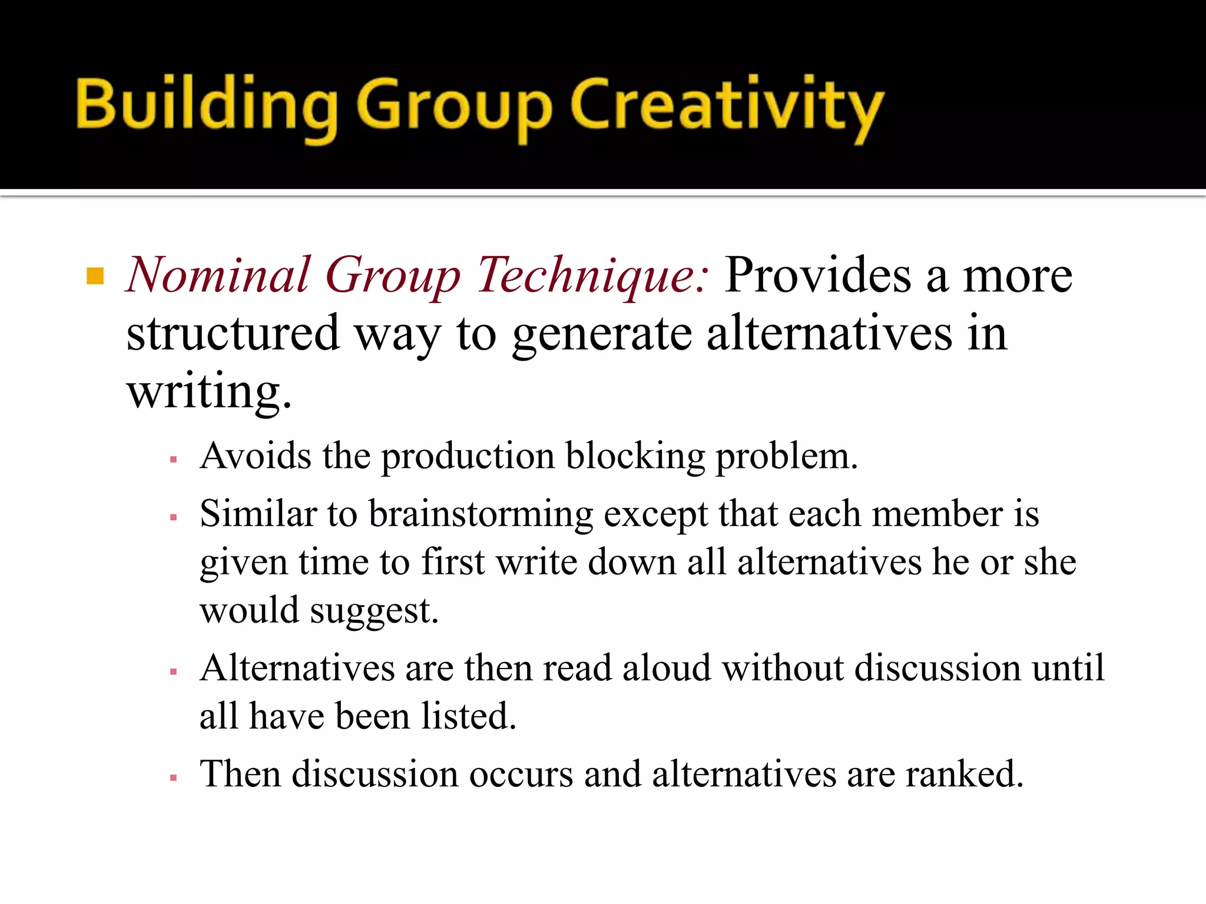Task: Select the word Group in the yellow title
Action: point(453,109)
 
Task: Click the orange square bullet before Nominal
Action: point(95,275)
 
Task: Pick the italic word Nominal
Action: point(218,275)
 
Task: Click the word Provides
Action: point(819,275)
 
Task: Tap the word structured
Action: point(233,333)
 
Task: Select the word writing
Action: point(209,392)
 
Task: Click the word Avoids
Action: point(256,456)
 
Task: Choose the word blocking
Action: point(635,457)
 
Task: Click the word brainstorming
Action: point(481,514)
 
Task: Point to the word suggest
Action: point(374,611)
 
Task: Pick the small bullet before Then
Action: point(173,777)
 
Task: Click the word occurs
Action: point(521,773)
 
